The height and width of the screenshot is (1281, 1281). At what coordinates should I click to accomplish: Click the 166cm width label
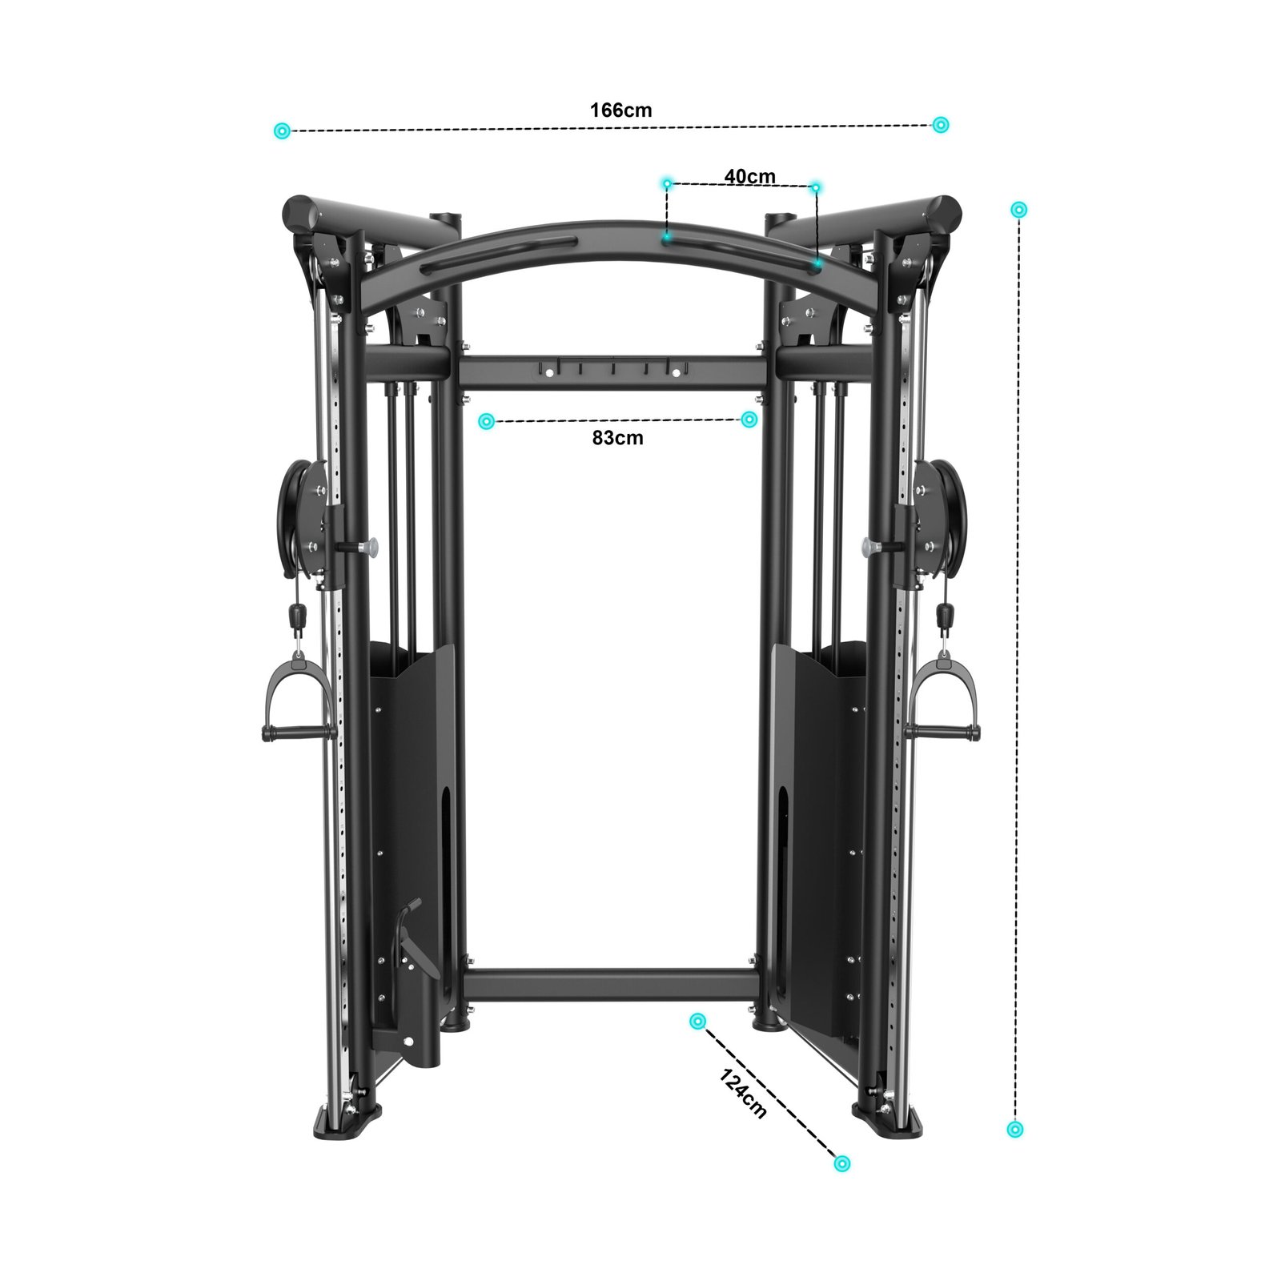tap(621, 110)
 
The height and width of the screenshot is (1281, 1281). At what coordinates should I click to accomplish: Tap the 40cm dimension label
tap(749, 176)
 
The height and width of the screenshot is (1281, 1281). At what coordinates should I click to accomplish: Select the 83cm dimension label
tap(617, 438)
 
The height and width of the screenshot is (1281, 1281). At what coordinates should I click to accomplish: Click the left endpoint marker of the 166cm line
tap(281, 131)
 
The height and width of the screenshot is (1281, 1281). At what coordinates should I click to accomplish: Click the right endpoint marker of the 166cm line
tap(941, 124)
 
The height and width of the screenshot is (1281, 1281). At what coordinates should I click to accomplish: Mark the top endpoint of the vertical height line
tap(1018, 210)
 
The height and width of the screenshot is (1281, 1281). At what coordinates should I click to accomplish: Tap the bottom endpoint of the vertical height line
tap(1015, 1129)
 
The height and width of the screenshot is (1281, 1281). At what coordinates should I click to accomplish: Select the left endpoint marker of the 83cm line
tap(486, 421)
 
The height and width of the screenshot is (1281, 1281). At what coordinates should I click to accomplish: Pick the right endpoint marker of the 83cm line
tap(749, 419)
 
